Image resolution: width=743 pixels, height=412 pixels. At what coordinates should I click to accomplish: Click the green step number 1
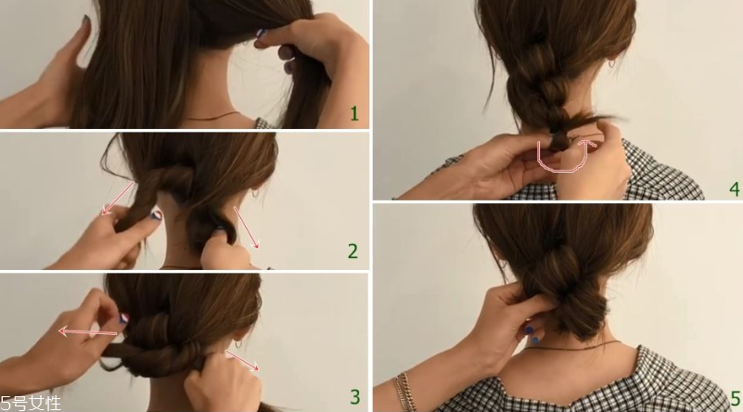click(354, 114)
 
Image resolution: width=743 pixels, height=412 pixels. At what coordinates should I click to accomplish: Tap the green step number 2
click(353, 251)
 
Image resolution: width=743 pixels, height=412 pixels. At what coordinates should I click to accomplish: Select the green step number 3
click(355, 397)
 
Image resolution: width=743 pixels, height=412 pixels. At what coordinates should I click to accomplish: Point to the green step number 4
click(735, 189)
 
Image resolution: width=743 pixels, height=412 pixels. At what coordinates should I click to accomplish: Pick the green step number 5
click(735, 398)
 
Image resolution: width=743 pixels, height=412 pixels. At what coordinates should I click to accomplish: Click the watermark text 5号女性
click(31, 404)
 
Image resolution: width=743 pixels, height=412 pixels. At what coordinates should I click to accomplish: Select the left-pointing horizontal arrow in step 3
click(88, 332)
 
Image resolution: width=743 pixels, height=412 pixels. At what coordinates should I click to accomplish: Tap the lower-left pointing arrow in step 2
click(119, 199)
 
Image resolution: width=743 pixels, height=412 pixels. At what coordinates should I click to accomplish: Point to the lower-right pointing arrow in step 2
click(247, 227)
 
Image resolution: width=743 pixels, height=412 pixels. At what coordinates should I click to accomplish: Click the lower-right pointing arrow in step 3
click(242, 360)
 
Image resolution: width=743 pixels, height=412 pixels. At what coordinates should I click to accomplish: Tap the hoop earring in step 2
click(255, 193)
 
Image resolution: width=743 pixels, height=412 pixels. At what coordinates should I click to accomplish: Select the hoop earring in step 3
click(239, 343)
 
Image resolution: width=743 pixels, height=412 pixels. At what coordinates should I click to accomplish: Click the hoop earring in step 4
click(611, 63)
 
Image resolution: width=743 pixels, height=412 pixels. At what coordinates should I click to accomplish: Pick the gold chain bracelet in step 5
click(404, 393)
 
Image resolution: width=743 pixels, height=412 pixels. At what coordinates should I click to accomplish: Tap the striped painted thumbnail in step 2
click(156, 215)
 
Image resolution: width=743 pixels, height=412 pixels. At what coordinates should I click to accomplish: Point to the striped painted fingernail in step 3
click(124, 318)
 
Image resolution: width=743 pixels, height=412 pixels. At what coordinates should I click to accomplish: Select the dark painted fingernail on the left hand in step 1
click(85, 19)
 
